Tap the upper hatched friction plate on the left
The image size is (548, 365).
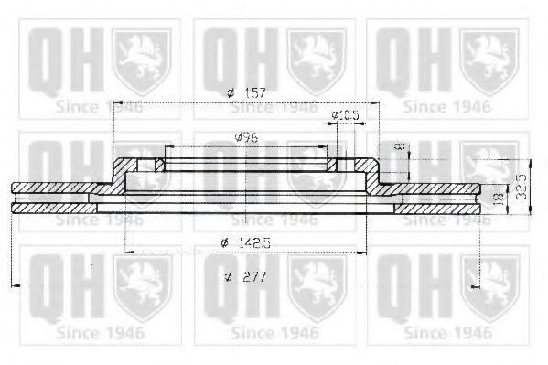coord(55,188)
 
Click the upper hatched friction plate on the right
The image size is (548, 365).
coord(439,188)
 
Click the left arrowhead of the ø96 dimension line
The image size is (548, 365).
coord(167,147)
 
